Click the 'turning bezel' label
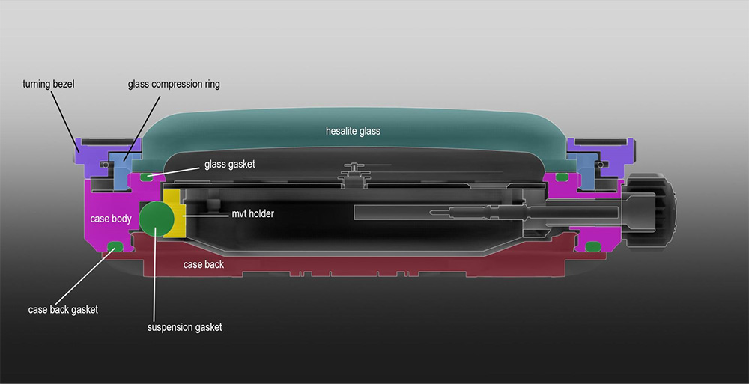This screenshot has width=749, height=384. [x=49, y=84]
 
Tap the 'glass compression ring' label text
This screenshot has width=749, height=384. [x=174, y=85]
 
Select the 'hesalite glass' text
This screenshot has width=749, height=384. [x=353, y=131]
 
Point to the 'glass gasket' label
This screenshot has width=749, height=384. [x=230, y=164]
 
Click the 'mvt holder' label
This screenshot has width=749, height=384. [x=252, y=213]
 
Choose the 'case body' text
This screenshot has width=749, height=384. [x=111, y=219]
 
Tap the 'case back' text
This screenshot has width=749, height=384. [x=204, y=264]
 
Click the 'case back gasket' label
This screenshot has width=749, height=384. [x=63, y=309]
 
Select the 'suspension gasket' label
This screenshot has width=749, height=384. [x=184, y=327]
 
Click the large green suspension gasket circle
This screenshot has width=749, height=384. [x=157, y=219]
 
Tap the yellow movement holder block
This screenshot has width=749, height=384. [x=174, y=213]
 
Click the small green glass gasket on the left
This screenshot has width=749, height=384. [x=146, y=177]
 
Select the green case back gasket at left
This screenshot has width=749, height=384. [x=115, y=246]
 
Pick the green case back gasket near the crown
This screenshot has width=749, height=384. [x=592, y=246]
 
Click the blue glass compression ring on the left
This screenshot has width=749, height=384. [x=122, y=170]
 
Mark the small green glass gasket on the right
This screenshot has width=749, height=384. [x=562, y=177]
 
